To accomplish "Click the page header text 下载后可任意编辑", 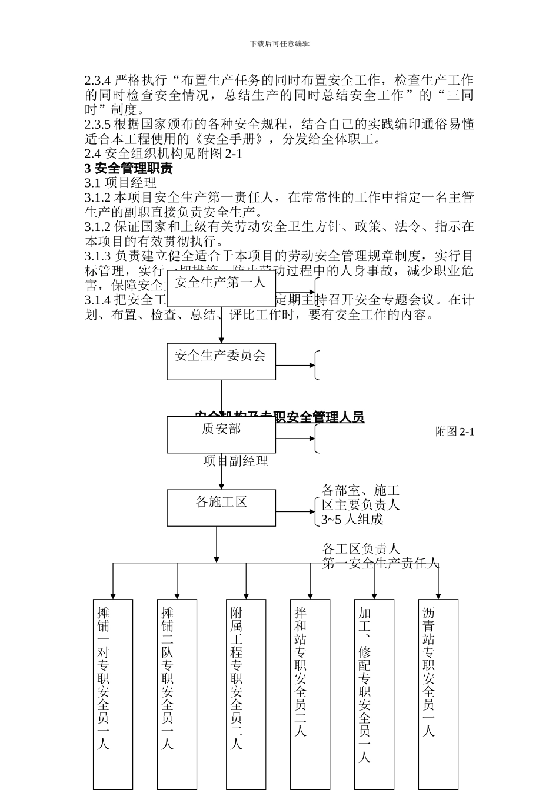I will pos(279,43).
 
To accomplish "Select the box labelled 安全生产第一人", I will pos(221,288).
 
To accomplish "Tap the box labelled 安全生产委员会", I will pos(221,361).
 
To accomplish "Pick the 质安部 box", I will pos(221,435).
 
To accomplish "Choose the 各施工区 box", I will pos(221,508).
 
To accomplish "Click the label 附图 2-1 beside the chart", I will pos(454,431).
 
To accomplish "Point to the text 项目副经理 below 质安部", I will pos(235,461).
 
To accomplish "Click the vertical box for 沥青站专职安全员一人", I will pos(438,694).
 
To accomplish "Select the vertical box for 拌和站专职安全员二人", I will pos(310,694).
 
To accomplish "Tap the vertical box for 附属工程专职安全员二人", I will pos(245,694).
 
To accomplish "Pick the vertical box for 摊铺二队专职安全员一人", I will pos(177,694).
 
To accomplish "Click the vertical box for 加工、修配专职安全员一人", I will pos(374,694).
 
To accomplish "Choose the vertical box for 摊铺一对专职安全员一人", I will pos(112,694).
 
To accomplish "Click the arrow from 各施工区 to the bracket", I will pos(295,512).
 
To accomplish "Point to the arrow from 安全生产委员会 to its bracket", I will pos(295,365).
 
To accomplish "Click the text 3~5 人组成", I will pos(352,520).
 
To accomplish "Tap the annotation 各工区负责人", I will pos(361,549).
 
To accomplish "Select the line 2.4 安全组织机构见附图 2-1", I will pos(163,154).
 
